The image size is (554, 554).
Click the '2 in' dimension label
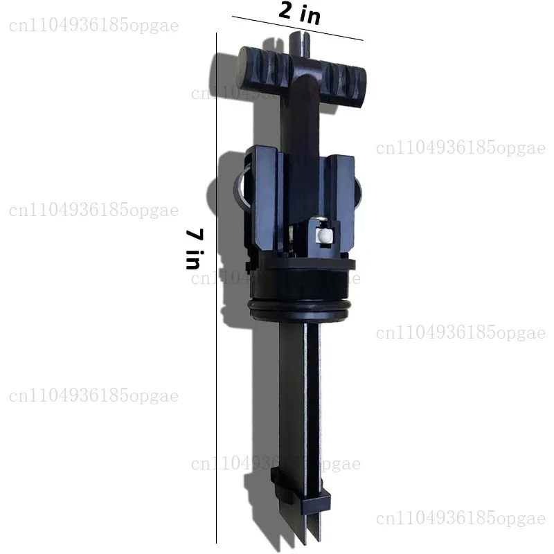tap(300, 12)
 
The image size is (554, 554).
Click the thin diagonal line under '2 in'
tap(298, 28)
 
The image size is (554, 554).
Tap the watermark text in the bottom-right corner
tap(461, 517)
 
